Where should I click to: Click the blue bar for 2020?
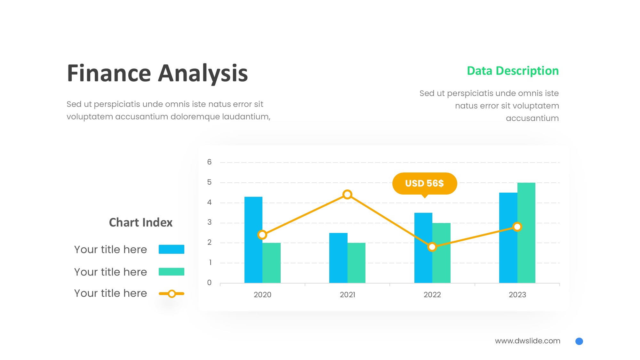(x=253, y=240)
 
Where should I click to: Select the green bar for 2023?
(x=526, y=233)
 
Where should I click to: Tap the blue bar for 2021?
(x=338, y=258)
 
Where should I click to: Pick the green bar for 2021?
(x=356, y=263)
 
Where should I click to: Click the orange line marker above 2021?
(x=347, y=195)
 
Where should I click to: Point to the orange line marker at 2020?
(x=262, y=235)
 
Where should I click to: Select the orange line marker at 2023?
(x=517, y=227)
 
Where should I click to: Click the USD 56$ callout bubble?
(x=425, y=183)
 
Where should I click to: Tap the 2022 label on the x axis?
(x=432, y=295)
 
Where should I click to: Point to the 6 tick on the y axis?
(x=209, y=162)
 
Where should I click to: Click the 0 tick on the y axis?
(x=209, y=283)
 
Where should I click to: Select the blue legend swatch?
(x=172, y=249)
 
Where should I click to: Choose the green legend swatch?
(x=172, y=272)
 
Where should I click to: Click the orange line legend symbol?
(x=172, y=293)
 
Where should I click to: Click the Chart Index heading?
(x=141, y=222)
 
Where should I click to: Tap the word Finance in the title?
(x=109, y=73)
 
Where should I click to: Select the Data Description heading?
(x=513, y=71)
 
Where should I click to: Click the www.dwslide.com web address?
(x=528, y=341)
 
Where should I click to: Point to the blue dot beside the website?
(x=579, y=341)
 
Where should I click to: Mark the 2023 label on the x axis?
(x=517, y=295)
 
